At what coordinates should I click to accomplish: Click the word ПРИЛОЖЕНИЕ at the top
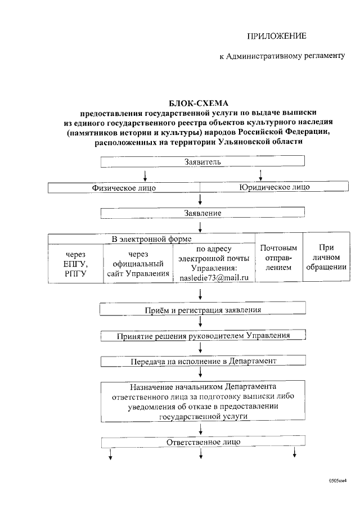[277, 37]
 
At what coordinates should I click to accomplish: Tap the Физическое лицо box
[124, 187]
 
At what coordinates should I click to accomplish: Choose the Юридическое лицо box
[274, 187]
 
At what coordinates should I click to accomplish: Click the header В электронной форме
[152, 239]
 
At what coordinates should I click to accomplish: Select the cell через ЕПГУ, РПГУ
[76, 264]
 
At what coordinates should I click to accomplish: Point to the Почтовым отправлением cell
[278, 258]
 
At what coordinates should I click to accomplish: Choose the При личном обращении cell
[326, 257]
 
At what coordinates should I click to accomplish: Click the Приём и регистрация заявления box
[203, 310]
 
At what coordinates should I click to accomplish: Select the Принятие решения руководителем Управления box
[203, 335]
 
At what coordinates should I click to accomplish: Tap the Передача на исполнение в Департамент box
[202, 361]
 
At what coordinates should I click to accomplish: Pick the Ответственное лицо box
[203, 442]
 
